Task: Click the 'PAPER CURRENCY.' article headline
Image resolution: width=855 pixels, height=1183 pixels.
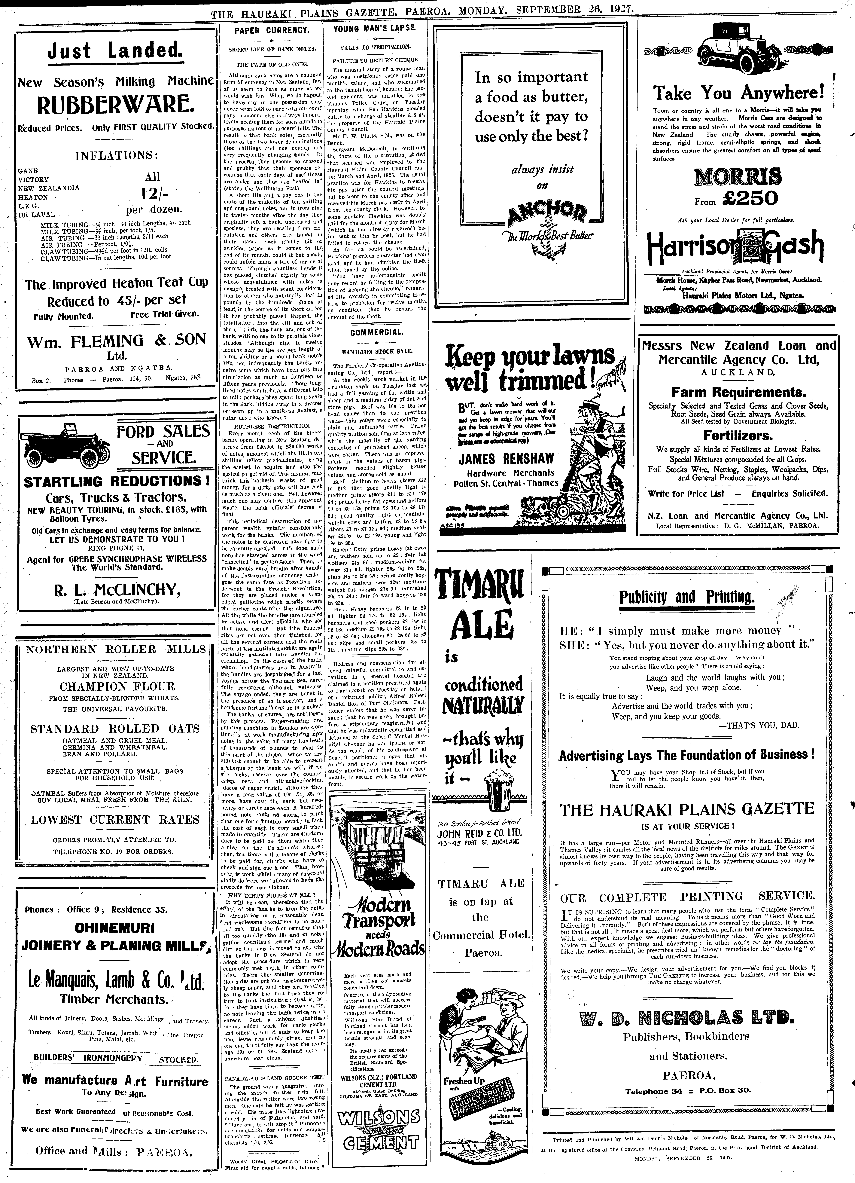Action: (272, 30)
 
